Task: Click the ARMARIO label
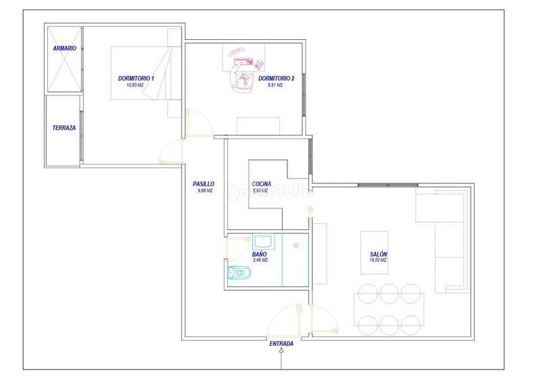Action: [x=65, y=48]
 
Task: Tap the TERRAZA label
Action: [x=64, y=127]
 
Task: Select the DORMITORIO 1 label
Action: [x=136, y=79]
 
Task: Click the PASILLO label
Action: [x=204, y=183]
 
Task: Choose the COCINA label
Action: [x=262, y=184]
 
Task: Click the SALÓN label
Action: [x=379, y=254]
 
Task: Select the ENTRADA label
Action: [x=281, y=344]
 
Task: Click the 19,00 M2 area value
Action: [x=379, y=261]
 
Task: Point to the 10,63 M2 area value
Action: [x=136, y=86]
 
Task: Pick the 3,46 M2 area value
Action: [x=260, y=260]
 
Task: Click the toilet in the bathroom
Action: [x=240, y=273]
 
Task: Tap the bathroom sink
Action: [x=262, y=241]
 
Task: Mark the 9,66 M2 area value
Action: [x=205, y=191]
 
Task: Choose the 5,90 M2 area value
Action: [x=260, y=191]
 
